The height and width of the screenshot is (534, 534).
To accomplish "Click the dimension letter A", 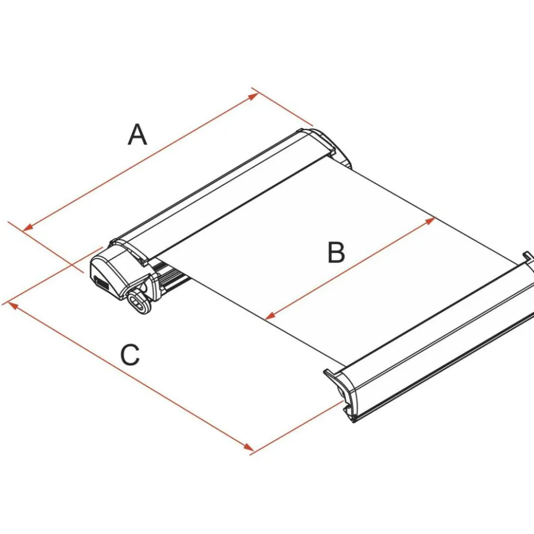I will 137,135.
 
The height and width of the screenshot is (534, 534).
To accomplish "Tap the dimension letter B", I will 336,253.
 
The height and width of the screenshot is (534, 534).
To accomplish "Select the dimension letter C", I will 130,355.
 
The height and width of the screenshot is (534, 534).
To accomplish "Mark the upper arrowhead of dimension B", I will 430,220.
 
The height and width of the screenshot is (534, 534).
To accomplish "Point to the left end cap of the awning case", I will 116,272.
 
